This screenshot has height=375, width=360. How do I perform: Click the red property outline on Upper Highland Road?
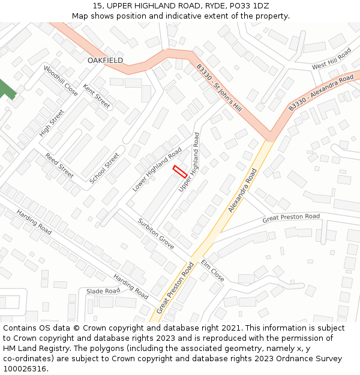pos(179,171)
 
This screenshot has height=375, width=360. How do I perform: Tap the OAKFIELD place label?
pos(105,61)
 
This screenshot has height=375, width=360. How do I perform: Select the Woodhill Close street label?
pos(61,80)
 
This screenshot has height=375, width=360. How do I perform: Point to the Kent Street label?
pos(97,96)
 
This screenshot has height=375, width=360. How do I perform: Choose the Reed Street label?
pos(59,166)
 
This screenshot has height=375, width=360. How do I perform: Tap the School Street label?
pos(104,168)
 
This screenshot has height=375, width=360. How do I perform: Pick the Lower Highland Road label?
pos(157,169)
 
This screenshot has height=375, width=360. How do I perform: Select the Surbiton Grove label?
pos(155,233)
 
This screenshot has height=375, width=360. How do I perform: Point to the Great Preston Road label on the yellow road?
pos(176,287)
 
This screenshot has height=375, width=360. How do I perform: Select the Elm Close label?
pos(212,271)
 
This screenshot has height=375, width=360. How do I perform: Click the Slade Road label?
pos(103,291)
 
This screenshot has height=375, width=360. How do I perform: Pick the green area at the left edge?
pos(6,89)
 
